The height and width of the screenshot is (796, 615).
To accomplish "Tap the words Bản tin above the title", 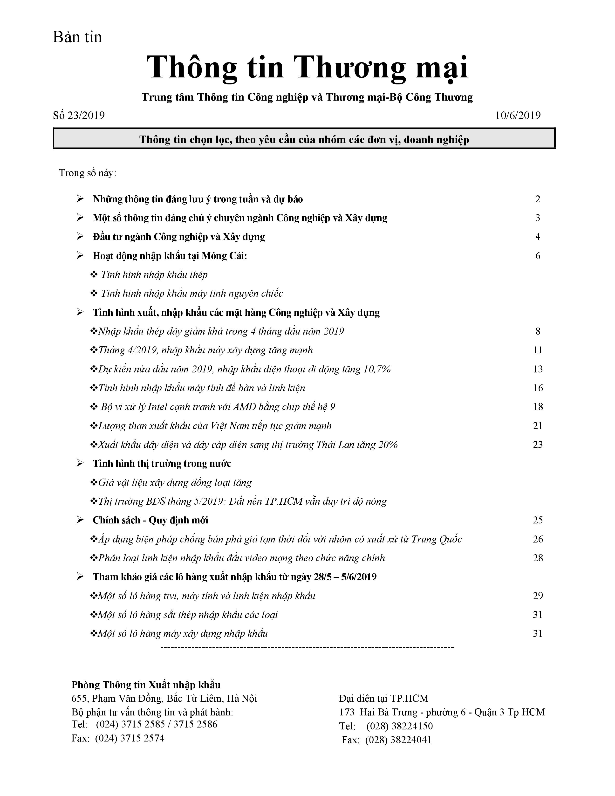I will click(x=77, y=37).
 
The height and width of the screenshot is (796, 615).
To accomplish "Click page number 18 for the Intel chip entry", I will click(x=538, y=407).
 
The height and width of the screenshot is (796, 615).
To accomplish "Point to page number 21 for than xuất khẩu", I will click(x=538, y=426).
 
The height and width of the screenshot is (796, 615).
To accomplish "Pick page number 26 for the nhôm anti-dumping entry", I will click(x=538, y=539).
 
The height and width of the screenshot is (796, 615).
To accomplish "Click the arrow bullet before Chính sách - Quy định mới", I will click(x=80, y=520).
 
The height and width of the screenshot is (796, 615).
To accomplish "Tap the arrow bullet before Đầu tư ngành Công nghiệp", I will click(x=80, y=237).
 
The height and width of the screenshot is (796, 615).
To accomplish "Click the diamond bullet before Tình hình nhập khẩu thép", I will click(x=94, y=275).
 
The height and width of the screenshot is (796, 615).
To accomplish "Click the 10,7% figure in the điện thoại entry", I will click(x=377, y=369).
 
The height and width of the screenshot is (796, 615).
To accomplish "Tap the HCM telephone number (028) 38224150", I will click(x=399, y=726).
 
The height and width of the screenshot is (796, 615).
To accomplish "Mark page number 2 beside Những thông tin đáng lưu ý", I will click(x=538, y=199).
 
